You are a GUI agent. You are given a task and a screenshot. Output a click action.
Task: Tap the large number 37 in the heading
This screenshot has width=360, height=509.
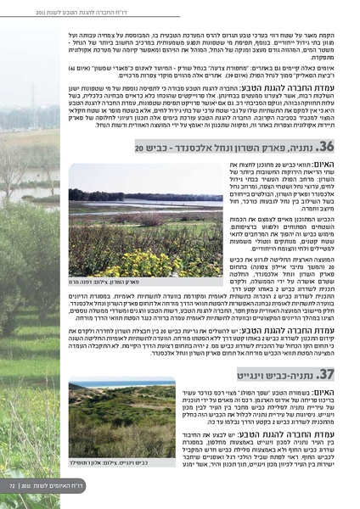[328, 374]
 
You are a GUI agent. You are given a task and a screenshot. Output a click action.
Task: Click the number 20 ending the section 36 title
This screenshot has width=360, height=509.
[138, 148]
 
